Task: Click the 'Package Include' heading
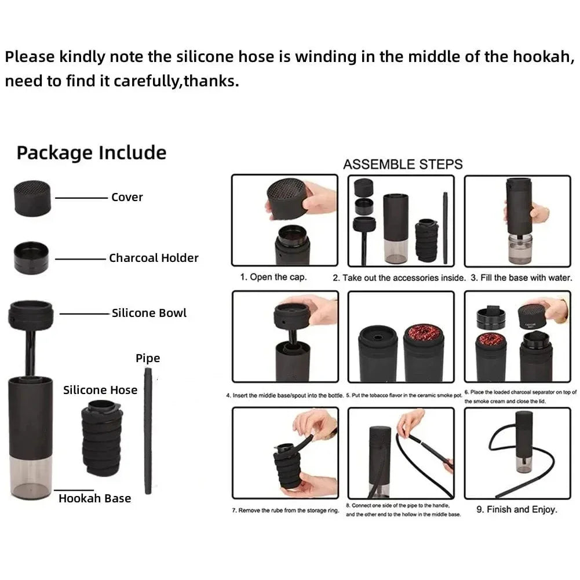(x=91, y=153)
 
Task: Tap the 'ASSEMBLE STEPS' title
(x=403, y=164)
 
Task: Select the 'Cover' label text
(x=127, y=197)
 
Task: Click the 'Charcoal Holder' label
(x=154, y=258)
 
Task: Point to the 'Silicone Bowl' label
(x=149, y=313)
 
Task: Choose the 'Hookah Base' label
(x=94, y=498)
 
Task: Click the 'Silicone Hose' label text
(x=100, y=390)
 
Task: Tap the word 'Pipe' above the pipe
(x=148, y=358)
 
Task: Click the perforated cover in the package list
(x=33, y=197)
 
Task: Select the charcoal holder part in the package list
(x=32, y=257)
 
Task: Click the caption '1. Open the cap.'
(x=273, y=277)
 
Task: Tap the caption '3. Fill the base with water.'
(x=521, y=278)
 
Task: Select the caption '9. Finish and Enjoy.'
(x=516, y=510)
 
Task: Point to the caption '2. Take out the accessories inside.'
(x=399, y=278)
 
